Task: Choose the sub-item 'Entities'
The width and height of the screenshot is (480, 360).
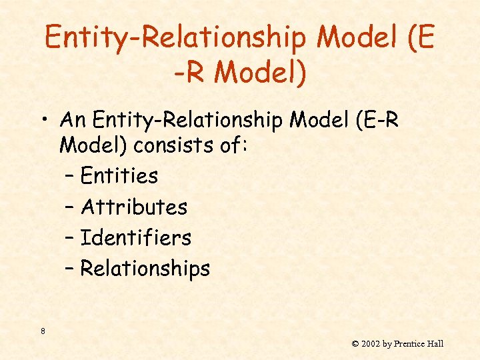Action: (x=119, y=176)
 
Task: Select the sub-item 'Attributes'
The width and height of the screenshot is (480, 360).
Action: (x=133, y=207)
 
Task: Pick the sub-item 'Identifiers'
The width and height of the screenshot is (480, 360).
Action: (x=135, y=237)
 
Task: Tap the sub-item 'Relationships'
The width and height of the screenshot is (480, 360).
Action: (x=145, y=269)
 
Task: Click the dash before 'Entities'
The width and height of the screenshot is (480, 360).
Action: (x=70, y=177)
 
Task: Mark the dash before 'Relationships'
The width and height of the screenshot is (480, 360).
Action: (x=70, y=270)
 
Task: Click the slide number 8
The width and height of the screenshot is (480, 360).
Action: (x=43, y=331)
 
